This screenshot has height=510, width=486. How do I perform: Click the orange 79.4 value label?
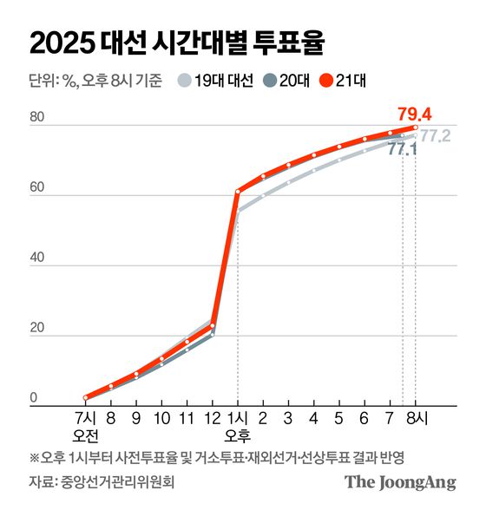point(416,113)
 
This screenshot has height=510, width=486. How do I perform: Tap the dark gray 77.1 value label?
point(402,149)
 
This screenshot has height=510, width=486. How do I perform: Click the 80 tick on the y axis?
point(36,117)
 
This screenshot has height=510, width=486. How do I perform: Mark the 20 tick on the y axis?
point(36,329)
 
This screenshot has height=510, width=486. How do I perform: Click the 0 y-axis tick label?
point(33,398)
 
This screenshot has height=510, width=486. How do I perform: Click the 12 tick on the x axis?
point(211,417)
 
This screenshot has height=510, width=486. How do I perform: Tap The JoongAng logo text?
point(400,482)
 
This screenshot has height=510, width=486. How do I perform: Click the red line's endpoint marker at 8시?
point(416,127)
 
